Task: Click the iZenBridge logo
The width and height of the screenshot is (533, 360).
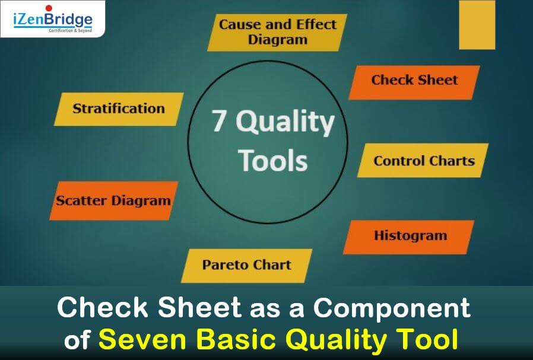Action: coord(52,19)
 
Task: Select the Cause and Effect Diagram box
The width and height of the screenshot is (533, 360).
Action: coord(277,33)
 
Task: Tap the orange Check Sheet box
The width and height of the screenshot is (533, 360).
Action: coord(414,81)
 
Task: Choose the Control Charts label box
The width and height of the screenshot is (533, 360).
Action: coord(423,161)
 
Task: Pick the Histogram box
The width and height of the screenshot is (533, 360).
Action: coord(410,236)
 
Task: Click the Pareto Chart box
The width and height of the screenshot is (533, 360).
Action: coord(246,265)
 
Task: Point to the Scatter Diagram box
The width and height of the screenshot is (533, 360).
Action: coord(113,200)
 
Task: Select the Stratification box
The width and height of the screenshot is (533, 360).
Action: coord(118,109)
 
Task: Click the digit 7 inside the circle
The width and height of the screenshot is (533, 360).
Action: coord(219,123)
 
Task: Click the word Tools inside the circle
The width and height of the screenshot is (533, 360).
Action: coord(272,160)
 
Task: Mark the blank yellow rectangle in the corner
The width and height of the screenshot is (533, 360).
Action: coord(477,24)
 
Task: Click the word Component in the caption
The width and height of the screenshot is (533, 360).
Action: coord(392,308)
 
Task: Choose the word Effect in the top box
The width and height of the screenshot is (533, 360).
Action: coord(316,25)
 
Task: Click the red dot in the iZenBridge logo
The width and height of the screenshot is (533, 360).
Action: coord(48,8)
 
